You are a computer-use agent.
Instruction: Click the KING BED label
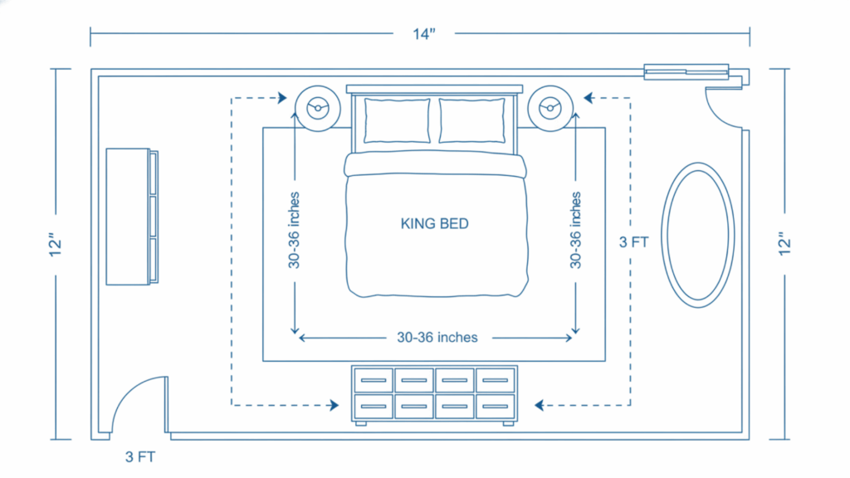coord(434,223)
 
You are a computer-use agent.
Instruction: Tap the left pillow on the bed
coord(397,120)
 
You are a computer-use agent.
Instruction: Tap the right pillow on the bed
coord(471,120)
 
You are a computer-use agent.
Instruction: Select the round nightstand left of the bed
coord(315,107)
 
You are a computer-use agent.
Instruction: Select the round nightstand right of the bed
coord(550,107)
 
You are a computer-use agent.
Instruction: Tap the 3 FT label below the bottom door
coord(140,456)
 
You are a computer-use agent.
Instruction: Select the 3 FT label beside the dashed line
coord(634,243)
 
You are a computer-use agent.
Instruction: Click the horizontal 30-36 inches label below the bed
coord(437,338)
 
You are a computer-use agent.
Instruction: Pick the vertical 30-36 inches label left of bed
coord(294,231)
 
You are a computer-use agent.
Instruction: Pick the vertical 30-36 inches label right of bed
coord(574,231)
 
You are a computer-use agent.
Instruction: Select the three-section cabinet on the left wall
coord(131,217)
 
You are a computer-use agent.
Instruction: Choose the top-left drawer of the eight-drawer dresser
coord(374,380)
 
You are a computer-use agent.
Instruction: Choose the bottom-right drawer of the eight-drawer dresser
coord(496,406)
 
